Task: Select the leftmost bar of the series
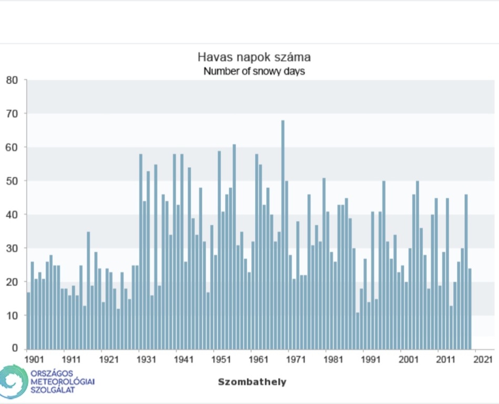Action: click(x=28, y=320)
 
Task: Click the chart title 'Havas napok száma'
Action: click(x=250, y=57)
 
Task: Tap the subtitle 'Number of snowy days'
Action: click(x=254, y=71)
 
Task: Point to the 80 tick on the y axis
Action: click(x=12, y=80)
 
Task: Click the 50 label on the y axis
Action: click(x=12, y=181)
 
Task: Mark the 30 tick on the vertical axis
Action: click(x=12, y=248)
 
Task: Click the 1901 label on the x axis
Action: click(x=34, y=360)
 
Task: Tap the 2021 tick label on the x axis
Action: click(x=483, y=360)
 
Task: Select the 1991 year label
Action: click(x=371, y=360)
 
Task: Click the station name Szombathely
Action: click(x=252, y=382)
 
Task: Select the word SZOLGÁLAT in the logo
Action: click(x=53, y=390)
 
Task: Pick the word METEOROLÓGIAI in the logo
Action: click(x=63, y=381)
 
